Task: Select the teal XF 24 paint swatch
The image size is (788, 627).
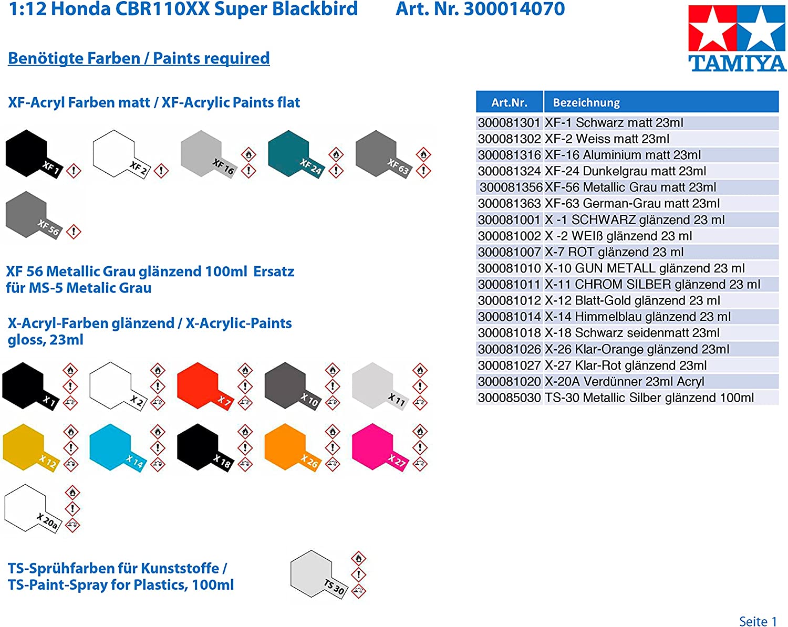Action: pos(288,153)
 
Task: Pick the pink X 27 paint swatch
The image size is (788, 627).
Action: pos(372,446)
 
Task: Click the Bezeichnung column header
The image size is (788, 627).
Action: pos(586,102)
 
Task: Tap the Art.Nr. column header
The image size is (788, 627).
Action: pos(509,102)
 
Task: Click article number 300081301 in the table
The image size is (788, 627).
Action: pos(509,123)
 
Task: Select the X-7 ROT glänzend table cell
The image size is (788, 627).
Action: pos(614,252)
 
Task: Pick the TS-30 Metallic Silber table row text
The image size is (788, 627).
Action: pos(649,398)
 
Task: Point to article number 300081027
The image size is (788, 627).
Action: pos(509,365)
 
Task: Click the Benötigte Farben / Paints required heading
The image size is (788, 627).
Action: pos(139,58)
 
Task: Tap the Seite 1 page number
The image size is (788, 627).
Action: pos(758,621)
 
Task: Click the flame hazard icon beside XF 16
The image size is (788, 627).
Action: pos(248,154)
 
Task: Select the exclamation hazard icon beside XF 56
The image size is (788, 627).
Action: pos(74,231)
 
